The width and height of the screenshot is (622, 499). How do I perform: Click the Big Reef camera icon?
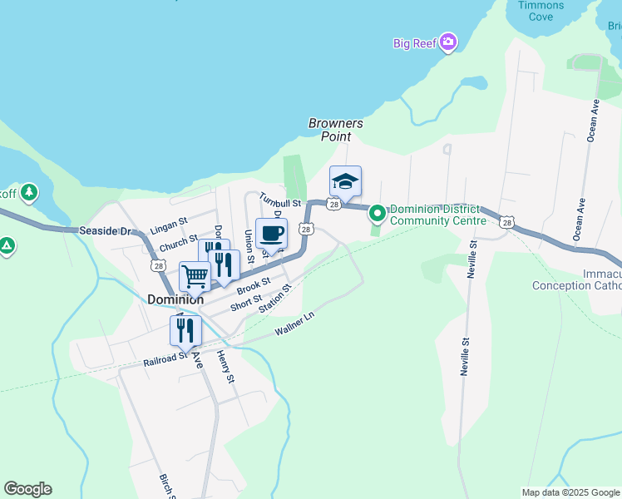click(x=448, y=42)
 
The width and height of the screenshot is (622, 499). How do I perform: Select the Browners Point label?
click(x=336, y=130)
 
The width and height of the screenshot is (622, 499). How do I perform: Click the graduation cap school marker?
click(x=345, y=180)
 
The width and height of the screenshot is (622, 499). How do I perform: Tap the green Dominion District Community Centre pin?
click(x=378, y=215)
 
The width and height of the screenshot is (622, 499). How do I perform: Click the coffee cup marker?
click(x=271, y=233)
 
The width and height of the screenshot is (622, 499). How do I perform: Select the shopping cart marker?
click(x=195, y=275)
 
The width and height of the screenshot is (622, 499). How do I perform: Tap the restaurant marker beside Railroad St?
click(x=185, y=329)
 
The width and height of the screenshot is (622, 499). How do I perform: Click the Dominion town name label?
click(x=175, y=299)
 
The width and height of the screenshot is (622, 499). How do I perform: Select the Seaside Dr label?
click(x=106, y=230)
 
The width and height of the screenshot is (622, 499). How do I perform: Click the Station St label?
click(x=275, y=299)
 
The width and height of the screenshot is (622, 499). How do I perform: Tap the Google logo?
click(x=27, y=489)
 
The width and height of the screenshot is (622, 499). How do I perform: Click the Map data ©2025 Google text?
click(x=570, y=492)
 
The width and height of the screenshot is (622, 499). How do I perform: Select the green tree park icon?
click(x=29, y=193)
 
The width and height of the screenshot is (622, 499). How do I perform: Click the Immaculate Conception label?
click(x=577, y=279)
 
